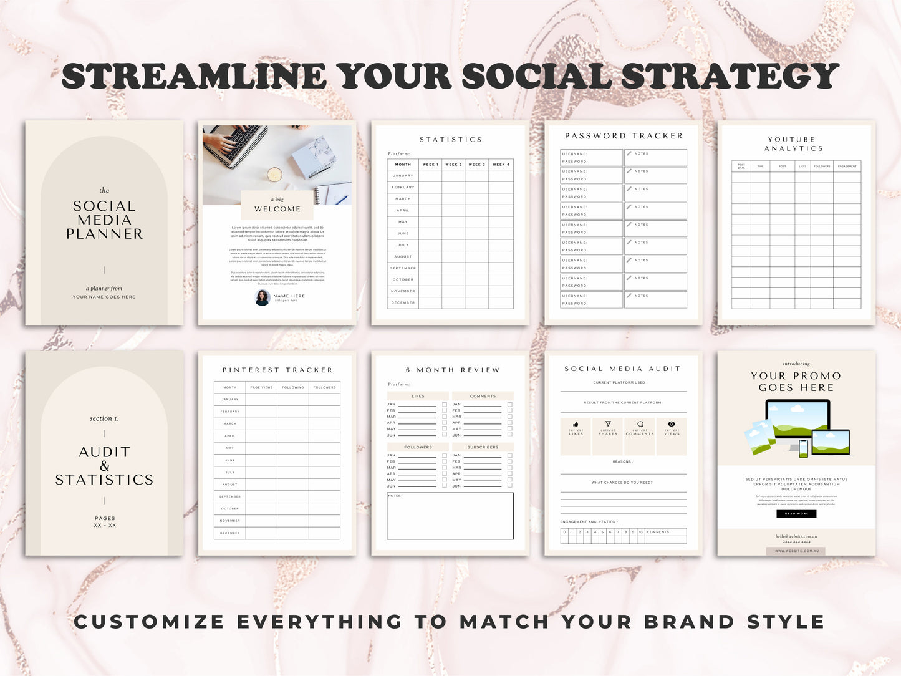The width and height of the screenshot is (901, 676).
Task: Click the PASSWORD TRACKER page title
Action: [x=624, y=136]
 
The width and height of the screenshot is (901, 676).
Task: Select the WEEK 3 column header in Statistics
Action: [x=476, y=165]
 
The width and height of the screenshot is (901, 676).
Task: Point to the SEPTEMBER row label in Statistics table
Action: [x=403, y=268]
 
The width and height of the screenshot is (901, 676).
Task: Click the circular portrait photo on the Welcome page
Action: [x=263, y=297]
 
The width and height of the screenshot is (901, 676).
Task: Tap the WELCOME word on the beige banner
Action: [x=277, y=210]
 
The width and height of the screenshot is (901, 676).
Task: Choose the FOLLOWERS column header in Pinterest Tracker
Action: [x=324, y=387]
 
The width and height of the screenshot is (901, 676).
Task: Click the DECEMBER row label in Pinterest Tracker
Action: [x=230, y=533]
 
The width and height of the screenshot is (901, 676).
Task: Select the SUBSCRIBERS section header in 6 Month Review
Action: [x=483, y=447]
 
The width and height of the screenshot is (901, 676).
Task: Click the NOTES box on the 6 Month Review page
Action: [x=450, y=516]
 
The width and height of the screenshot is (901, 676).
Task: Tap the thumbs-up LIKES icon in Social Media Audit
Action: [x=576, y=424]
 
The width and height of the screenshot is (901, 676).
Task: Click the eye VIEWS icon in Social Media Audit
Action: [x=672, y=424]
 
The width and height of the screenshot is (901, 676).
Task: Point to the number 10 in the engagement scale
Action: [x=640, y=532]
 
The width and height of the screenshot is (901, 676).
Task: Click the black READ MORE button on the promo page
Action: [x=796, y=514]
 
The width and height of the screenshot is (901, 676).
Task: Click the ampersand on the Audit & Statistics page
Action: [x=104, y=466]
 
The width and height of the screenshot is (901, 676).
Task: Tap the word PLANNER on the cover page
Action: [x=104, y=234]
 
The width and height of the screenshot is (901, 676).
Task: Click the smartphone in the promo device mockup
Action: [x=803, y=448]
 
